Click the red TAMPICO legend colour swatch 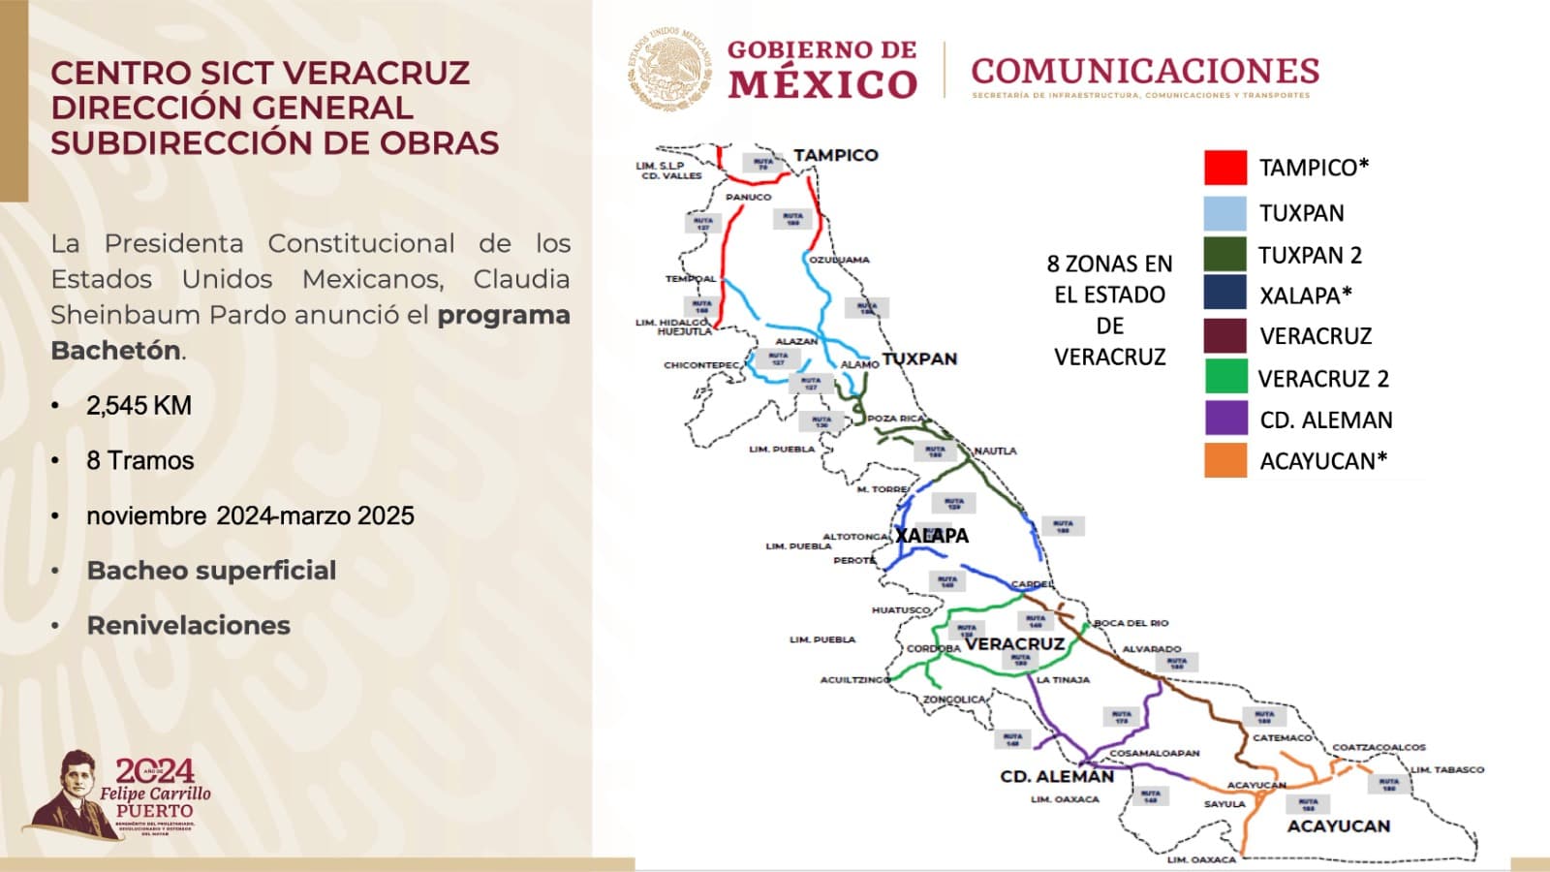click(x=1224, y=168)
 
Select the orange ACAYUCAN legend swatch click(x=1224, y=460)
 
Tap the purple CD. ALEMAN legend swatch click(x=1224, y=419)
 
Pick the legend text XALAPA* click(x=1305, y=296)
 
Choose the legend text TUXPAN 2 click(x=1310, y=256)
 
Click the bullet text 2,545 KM click(x=139, y=405)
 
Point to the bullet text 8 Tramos click(x=139, y=460)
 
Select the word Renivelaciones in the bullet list click(x=188, y=625)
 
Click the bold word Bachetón click(x=116, y=350)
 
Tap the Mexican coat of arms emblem click(x=669, y=68)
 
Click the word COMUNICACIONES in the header click(x=1145, y=71)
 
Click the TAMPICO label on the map click(x=835, y=155)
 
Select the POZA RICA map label click(x=896, y=419)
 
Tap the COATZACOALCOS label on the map click(x=1379, y=747)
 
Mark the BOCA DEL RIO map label click(x=1131, y=623)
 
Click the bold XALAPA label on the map click(x=931, y=536)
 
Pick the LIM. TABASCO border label click(x=1447, y=769)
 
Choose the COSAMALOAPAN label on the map click(x=1154, y=753)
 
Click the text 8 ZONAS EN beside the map click(x=1109, y=264)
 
